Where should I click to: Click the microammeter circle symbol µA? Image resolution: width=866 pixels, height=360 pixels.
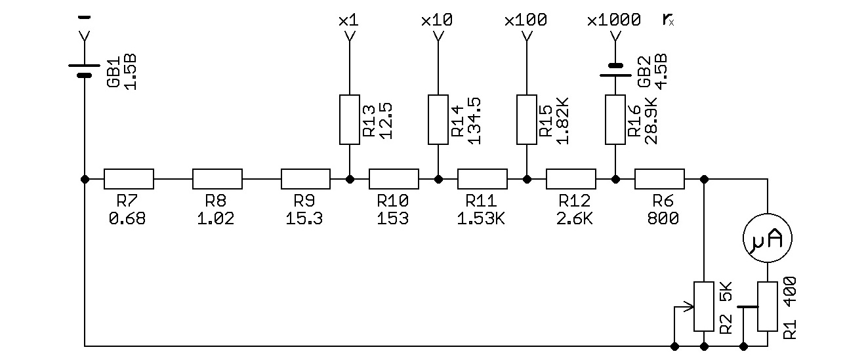(x=767, y=240)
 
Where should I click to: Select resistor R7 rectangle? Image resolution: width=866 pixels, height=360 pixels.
(x=129, y=178)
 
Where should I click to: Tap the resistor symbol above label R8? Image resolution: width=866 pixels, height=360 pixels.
(x=217, y=178)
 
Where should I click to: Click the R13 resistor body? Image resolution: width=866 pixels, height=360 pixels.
(x=349, y=119)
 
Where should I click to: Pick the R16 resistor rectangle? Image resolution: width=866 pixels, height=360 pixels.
(x=615, y=119)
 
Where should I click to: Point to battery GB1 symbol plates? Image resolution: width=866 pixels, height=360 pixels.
(x=84, y=70)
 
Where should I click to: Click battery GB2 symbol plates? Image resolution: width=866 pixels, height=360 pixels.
(x=615, y=70)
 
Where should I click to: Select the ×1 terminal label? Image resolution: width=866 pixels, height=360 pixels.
(x=348, y=20)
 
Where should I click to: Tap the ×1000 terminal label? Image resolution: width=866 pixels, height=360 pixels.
(x=614, y=20)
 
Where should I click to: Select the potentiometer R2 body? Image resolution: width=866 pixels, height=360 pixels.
(x=704, y=306)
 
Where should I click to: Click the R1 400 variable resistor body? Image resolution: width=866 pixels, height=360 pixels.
(x=767, y=306)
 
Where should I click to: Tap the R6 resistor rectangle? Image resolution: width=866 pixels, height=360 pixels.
(x=659, y=178)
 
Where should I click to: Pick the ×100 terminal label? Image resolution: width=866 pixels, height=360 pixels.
(x=526, y=20)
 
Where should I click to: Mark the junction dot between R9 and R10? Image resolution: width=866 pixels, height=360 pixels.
(x=349, y=178)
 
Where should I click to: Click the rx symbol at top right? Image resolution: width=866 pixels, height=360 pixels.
(x=668, y=20)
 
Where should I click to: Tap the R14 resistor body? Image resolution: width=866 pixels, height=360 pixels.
(x=438, y=119)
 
